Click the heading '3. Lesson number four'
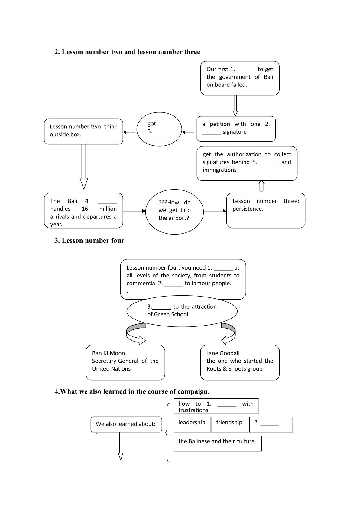point(89,240)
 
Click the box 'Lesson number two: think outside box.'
point(83,131)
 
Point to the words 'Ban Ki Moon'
point(109,353)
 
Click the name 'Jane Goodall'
point(223,353)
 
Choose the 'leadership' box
point(192,424)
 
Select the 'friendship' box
point(229,424)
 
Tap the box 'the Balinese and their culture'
point(218,443)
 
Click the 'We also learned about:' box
point(126,424)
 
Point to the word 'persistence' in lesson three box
point(248,209)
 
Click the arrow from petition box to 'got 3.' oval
point(188,132)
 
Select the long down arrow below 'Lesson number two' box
point(84,167)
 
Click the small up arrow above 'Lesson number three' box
point(261,186)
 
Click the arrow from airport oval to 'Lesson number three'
point(215,211)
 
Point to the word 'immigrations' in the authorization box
point(219,170)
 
